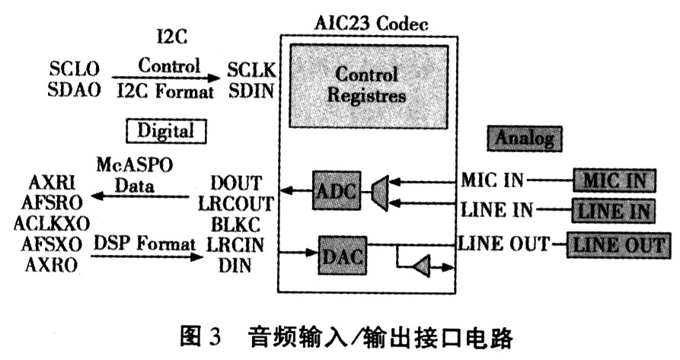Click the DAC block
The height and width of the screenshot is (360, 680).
pos(342,256)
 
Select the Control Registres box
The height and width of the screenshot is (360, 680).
pos(369,86)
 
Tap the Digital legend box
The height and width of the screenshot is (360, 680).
pos(166,131)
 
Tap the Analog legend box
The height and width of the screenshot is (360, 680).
pos(525,139)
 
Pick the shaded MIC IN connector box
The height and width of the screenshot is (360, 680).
pos(614,180)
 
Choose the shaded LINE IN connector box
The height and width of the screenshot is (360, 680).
pos(613,211)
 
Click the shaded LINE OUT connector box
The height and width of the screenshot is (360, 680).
pos(618,245)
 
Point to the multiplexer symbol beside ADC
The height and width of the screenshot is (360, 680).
pos(380,193)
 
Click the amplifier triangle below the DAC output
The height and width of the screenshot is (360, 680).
pos(421,266)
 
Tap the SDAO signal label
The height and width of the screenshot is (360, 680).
pos(74,90)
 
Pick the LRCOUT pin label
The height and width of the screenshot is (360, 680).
pos(236,204)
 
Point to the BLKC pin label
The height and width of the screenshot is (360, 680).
pos(235,225)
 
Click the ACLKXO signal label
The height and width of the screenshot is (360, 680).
pos(52,224)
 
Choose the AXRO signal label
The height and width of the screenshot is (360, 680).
pos(52,264)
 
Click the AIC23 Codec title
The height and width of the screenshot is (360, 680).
pos(372,23)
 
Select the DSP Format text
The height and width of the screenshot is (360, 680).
pos(145,244)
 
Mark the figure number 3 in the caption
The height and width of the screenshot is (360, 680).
pos(215,336)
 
